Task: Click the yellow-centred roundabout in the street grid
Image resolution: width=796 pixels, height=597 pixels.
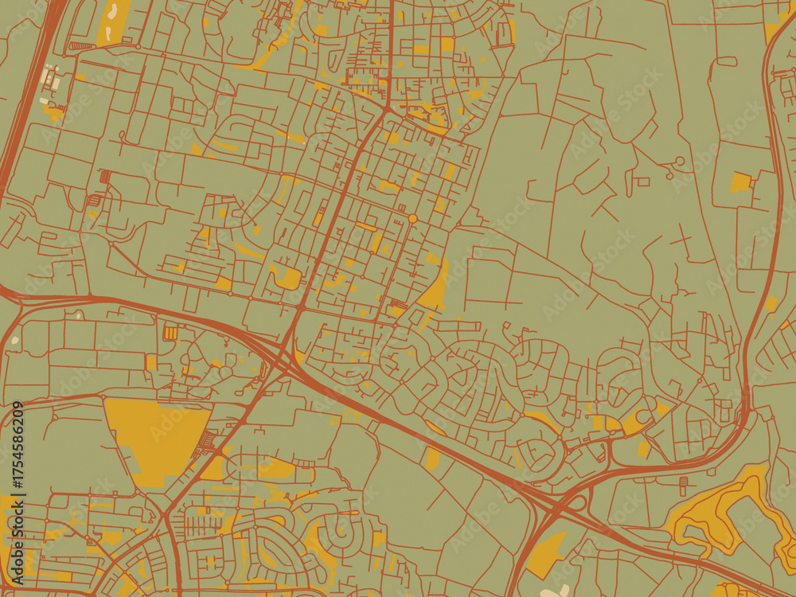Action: [x=412, y=218]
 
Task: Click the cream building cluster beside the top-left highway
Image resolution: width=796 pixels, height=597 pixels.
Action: [x=49, y=79]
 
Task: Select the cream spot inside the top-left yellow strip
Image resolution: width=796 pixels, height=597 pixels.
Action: [x=113, y=10]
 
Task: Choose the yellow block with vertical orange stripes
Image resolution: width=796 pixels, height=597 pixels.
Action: [x=170, y=332]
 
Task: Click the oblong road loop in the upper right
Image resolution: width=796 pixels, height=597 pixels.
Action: [x=726, y=60]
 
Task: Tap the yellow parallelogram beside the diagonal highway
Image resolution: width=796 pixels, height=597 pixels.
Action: [x=432, y=457]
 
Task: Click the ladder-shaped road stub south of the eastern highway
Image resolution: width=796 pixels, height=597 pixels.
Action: [x=682, y=485]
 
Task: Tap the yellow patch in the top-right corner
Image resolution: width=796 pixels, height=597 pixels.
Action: [x=775, y=29]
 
